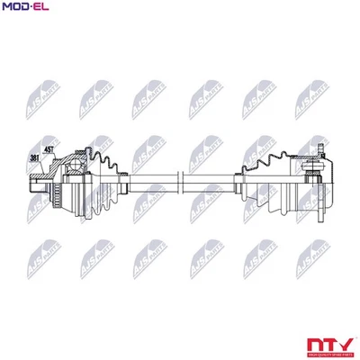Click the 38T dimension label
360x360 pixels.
click(35, 158)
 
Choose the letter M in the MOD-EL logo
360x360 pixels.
click(7, 8)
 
